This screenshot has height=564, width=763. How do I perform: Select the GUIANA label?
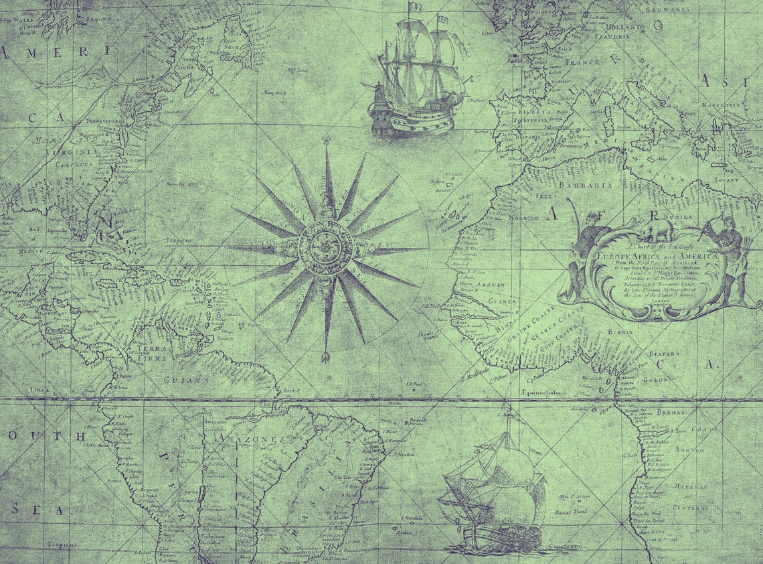tap(183, 380)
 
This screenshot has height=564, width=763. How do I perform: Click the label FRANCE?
tap(582, 62)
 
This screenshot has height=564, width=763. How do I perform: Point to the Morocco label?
tap(523, 217)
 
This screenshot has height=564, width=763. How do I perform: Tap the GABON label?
tap(655, 380)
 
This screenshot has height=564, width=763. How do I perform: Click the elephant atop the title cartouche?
tap(656, 230)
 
